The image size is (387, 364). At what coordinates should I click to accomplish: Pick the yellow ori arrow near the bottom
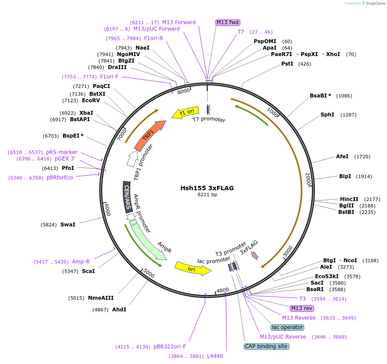click(192, 268)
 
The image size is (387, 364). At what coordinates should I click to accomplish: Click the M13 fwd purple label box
click(227, 22)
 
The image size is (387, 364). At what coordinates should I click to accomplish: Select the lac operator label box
click(287, 327)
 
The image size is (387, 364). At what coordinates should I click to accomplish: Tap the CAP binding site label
click(266, 346)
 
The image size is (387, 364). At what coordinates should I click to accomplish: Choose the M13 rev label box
click(302, 308)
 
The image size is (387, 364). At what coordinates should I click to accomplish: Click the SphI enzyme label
click(327, 115)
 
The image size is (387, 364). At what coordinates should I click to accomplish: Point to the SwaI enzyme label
click(68, 225)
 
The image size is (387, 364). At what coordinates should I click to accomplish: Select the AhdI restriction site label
click(119, 309)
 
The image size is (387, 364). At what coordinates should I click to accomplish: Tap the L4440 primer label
click(215, 356)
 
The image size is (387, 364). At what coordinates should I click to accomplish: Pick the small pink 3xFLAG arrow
click(255, 255)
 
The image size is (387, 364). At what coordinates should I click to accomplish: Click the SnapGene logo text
click(374, 3)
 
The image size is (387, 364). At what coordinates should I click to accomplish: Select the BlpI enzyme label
click(345, 176)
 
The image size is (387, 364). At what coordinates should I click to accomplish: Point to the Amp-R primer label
click(81, 262)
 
